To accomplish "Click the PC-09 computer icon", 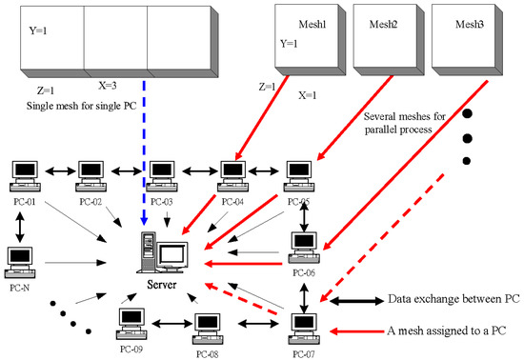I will pyautogui.click(x=131, y=325).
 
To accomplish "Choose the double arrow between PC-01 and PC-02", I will pyautogui.click(x=56, y=172).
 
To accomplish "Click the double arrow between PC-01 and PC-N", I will pyautogui.click(x=20, y=221).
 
